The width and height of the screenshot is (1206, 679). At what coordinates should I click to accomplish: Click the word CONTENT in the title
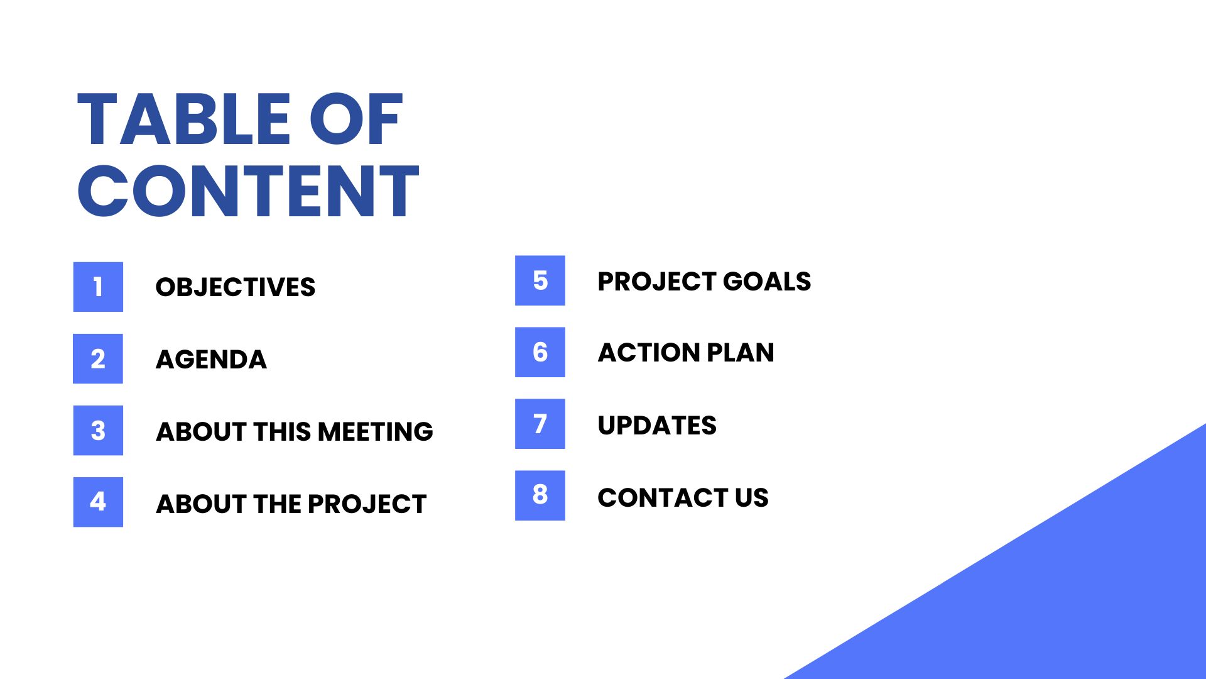point(247,192)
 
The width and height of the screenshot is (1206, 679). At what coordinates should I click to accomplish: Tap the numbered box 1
point(98,287)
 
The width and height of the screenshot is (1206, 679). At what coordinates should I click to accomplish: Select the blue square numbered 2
point(98,358)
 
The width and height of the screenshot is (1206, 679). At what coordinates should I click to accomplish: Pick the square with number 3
point(98,431)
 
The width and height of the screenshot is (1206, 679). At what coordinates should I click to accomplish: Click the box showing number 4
point(98,502)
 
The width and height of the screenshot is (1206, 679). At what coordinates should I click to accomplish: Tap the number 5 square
point(540,280)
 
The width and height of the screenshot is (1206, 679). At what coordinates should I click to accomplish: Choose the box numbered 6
point(540,352)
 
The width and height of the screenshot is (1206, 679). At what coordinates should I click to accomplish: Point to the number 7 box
point(540,424)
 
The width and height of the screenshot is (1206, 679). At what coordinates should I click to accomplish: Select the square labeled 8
point(540,495)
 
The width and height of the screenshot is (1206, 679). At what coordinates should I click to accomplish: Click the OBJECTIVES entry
point(235,287)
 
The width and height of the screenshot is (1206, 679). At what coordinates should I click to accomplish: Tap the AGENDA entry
point(211,360)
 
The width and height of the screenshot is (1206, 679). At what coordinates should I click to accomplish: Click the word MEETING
point(375,432)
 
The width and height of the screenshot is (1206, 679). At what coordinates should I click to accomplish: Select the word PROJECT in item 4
point(367,504)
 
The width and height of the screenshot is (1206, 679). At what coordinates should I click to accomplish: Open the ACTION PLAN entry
point(685,353)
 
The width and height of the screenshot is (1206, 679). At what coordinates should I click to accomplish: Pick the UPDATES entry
point(656,426)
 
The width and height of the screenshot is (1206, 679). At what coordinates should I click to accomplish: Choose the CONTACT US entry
point(683,498)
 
